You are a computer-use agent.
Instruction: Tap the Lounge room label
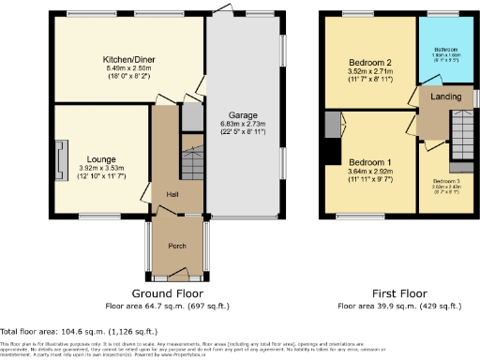click(x=102, y=159)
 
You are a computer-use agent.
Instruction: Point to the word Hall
click(x=173, y=194)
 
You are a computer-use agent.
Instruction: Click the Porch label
click(x=176, y=246)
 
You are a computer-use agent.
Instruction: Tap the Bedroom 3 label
click(x=446, y=181)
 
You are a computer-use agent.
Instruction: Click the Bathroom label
click(x=444, y=49)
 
